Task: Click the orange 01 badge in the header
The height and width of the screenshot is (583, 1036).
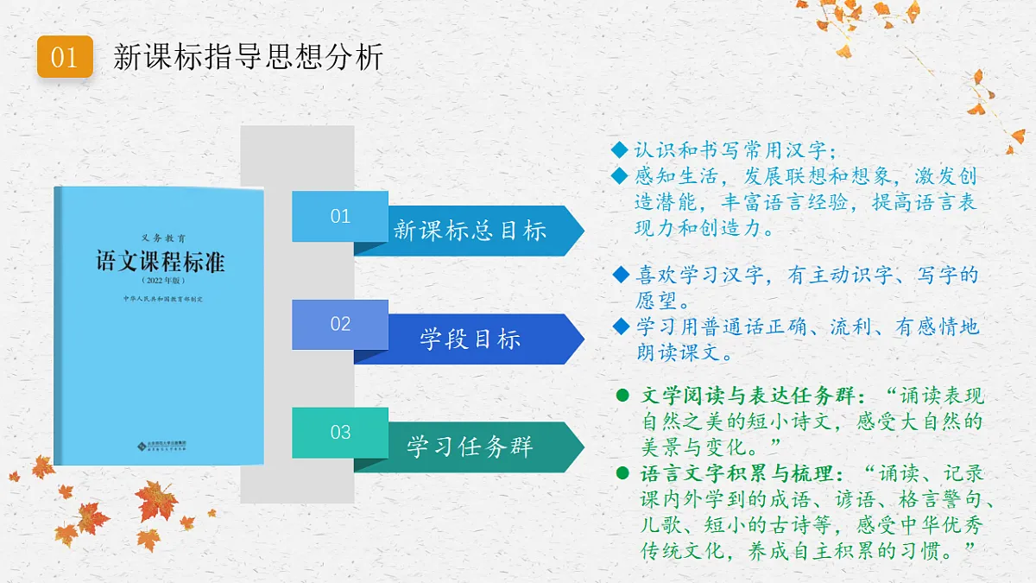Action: tap(65, 57)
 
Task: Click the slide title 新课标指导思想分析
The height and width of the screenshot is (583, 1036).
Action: tap(249, 58)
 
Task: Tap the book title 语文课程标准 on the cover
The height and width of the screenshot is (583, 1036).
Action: tap(161, 261)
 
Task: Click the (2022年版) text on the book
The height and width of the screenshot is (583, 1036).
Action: tap(161, 282)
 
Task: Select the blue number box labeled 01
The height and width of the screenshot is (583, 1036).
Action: tap(340, 216)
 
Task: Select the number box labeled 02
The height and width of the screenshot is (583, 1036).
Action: tap(340, 324)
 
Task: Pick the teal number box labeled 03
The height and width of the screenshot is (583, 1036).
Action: tap(340, 432)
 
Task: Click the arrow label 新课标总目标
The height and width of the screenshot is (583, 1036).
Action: tap(470, 231)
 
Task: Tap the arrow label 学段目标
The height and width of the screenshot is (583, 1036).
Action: tap(470, 339)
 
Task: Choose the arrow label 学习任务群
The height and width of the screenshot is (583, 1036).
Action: tap(470, 447)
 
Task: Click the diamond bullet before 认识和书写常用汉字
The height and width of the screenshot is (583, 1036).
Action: tap(618, 150)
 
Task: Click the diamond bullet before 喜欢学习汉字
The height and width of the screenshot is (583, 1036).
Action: tap(620, 275)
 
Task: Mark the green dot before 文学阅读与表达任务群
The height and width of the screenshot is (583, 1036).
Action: tap(622, 396)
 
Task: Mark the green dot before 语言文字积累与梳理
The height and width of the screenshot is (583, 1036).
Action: tap(622, 473)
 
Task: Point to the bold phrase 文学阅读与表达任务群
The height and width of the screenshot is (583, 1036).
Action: tap(749, 396)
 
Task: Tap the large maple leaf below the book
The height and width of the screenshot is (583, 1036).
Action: tap(155, 501)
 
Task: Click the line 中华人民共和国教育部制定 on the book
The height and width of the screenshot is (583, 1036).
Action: tap(161, 299)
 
